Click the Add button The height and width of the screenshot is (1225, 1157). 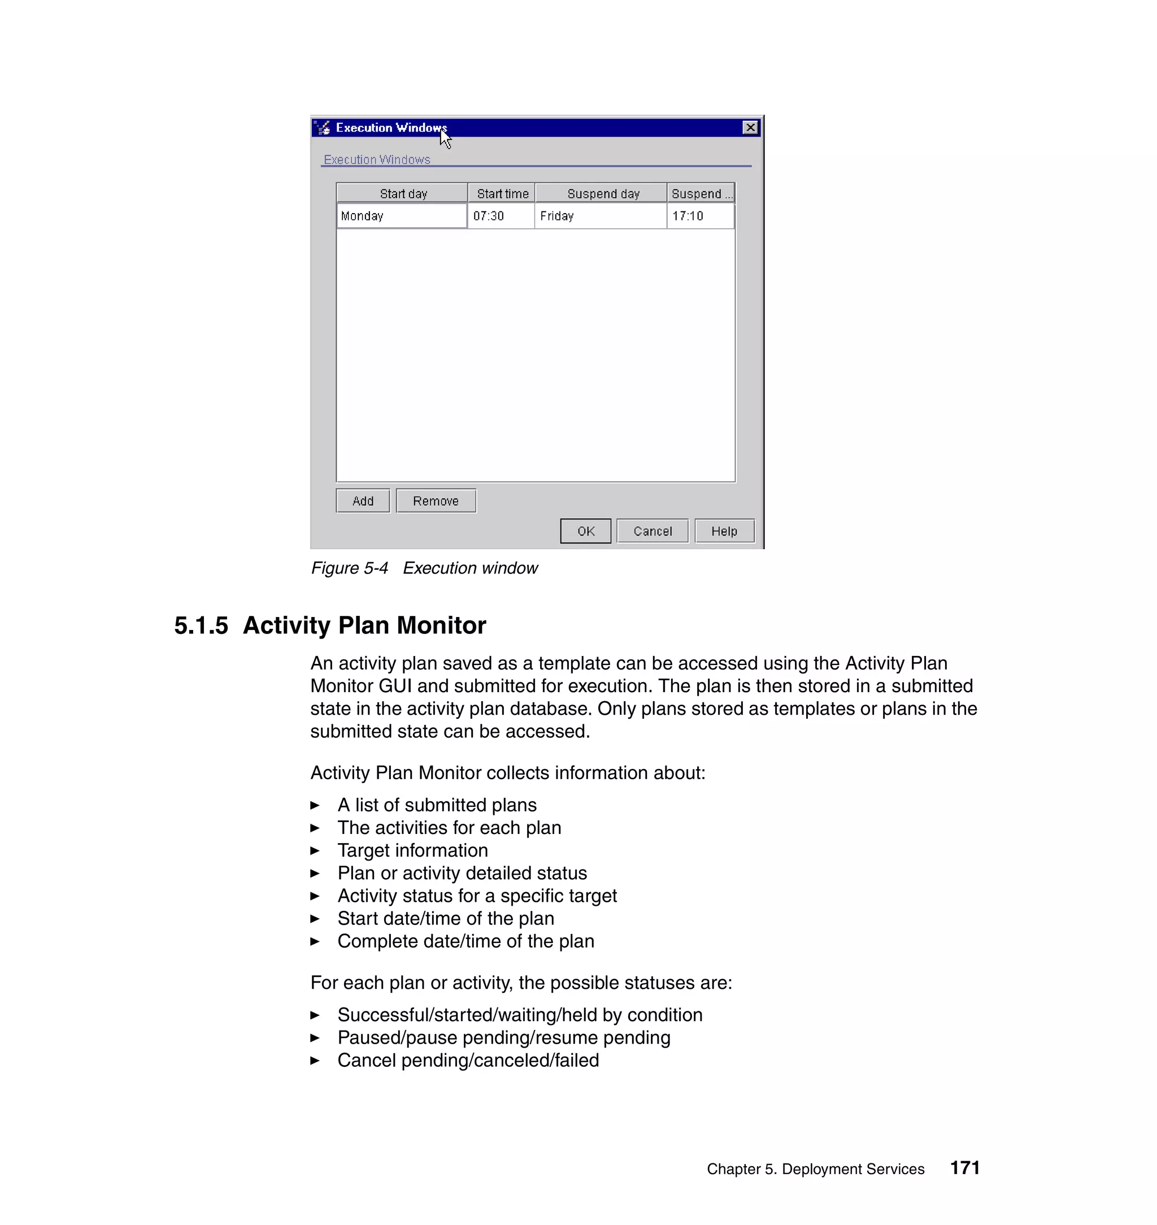[363, 501]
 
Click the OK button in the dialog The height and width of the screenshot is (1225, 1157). [585, 531]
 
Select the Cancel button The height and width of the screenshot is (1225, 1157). [652, 531]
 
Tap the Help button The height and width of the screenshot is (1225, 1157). [724, 531]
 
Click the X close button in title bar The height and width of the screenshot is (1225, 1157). [750, 128]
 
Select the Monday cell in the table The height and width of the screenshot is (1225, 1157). [402, 216]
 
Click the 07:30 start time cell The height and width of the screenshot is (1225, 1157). [500, 216]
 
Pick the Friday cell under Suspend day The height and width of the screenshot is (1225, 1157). [599, 216]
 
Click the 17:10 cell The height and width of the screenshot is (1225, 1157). [700, 216]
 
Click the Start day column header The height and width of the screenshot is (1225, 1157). [403, 194]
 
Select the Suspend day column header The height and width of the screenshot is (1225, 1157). [603, 194]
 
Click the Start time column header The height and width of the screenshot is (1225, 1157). [502, 194]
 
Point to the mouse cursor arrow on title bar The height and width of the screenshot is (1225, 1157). [445, 140]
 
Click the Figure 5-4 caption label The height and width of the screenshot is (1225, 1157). [349, 568]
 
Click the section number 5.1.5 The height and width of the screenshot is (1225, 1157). [201, 625]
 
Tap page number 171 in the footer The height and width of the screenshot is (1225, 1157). [964, 1167]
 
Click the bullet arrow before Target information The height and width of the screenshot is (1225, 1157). [315, 850]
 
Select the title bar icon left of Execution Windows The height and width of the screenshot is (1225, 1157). [323, 128]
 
